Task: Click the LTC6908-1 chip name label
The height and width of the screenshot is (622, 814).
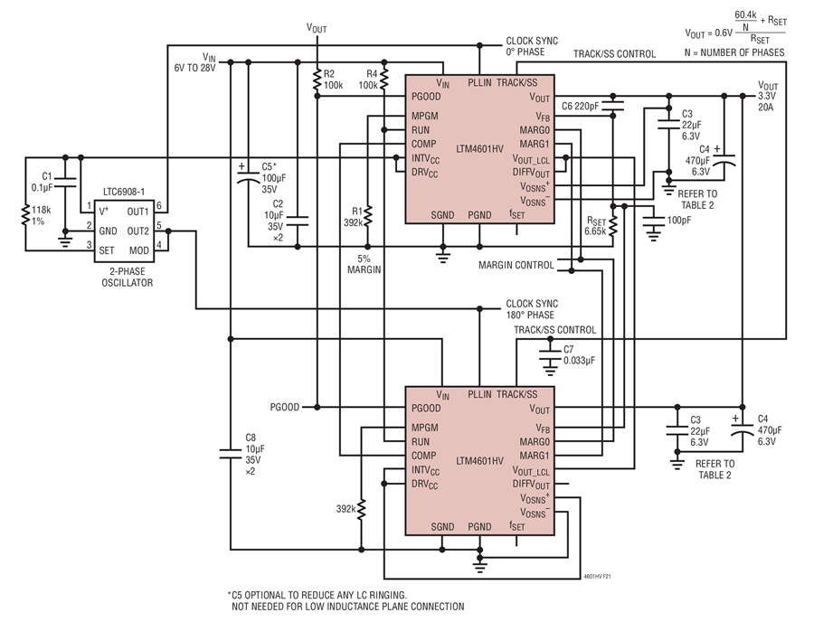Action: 124,192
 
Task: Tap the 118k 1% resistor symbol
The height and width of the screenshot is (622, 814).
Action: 25,215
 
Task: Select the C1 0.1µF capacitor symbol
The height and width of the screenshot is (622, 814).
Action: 65,182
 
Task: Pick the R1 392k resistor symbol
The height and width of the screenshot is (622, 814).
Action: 367,216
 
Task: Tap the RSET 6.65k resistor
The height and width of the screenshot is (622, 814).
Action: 613,225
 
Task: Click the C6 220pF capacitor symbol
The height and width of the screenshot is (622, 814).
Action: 613,106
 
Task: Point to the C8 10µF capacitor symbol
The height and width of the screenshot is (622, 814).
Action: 231,454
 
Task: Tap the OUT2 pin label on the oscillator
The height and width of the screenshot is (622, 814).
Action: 137,231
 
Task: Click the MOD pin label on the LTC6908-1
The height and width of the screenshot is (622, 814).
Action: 138,250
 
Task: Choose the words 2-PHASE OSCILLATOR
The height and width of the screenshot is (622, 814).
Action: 128,277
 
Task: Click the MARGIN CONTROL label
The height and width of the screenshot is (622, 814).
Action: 516,265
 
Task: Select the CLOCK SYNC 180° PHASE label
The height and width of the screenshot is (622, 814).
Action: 532,309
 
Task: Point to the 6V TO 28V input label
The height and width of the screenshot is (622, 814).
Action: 194,68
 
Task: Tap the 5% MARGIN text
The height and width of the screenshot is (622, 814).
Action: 364,264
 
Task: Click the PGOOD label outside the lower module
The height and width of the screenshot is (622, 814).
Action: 285,407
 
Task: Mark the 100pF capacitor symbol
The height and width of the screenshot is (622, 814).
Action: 654,222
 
